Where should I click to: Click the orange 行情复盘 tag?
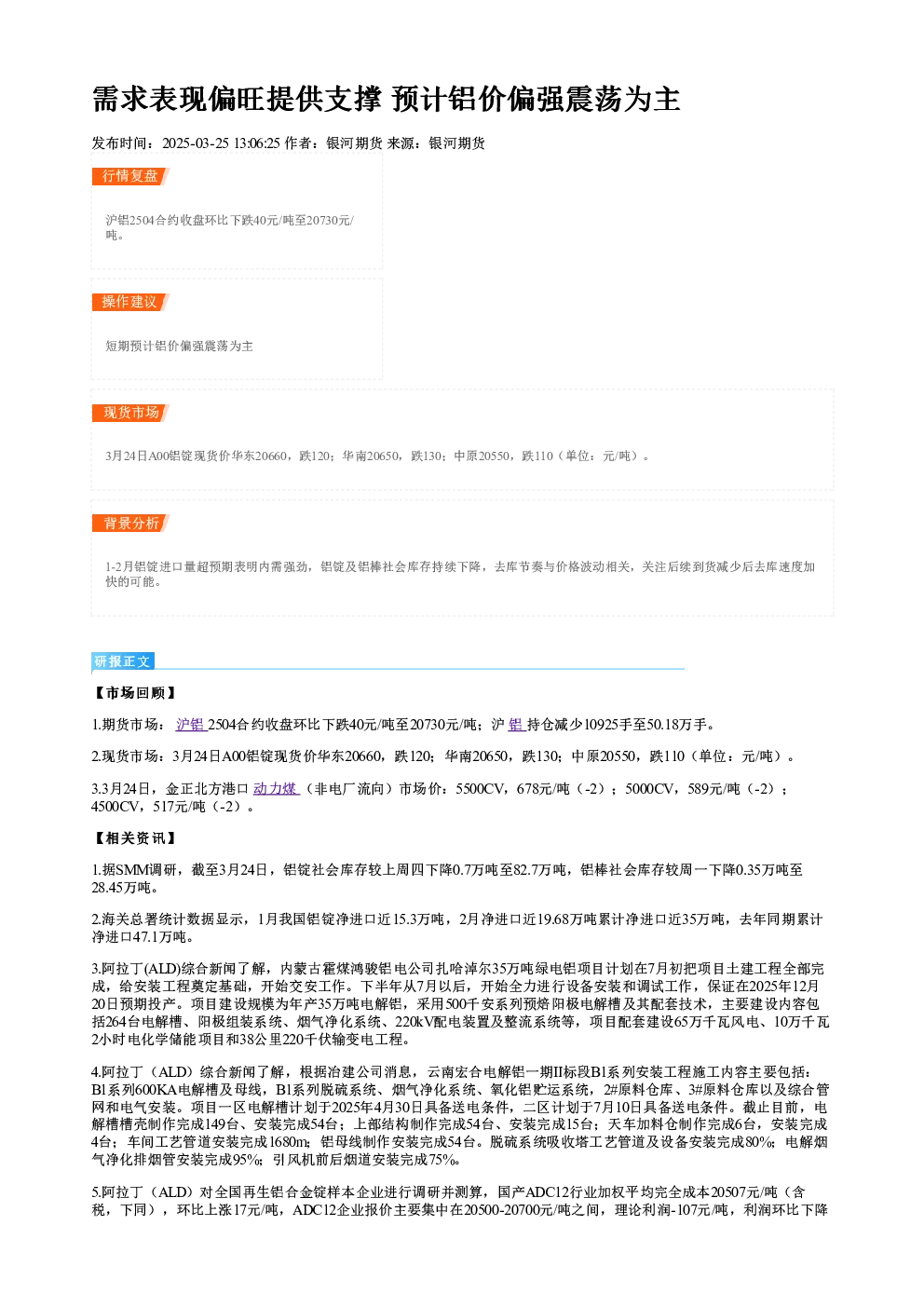pos(130,176)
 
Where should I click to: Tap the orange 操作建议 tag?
pos(130,302)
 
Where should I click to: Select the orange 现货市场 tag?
pos(130,413)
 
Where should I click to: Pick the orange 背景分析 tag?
pos(130,523)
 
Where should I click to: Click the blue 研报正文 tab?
pos(123,661)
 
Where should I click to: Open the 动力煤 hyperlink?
pos(277,789)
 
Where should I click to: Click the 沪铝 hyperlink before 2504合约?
pos(191,725)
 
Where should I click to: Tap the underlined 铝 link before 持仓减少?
pos(517,725)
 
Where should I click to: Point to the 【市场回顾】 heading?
pos(135,692)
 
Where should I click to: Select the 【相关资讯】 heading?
pos(135,837)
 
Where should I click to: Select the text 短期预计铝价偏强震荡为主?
pos(179,346)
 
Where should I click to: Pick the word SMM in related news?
pos(132,870)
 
